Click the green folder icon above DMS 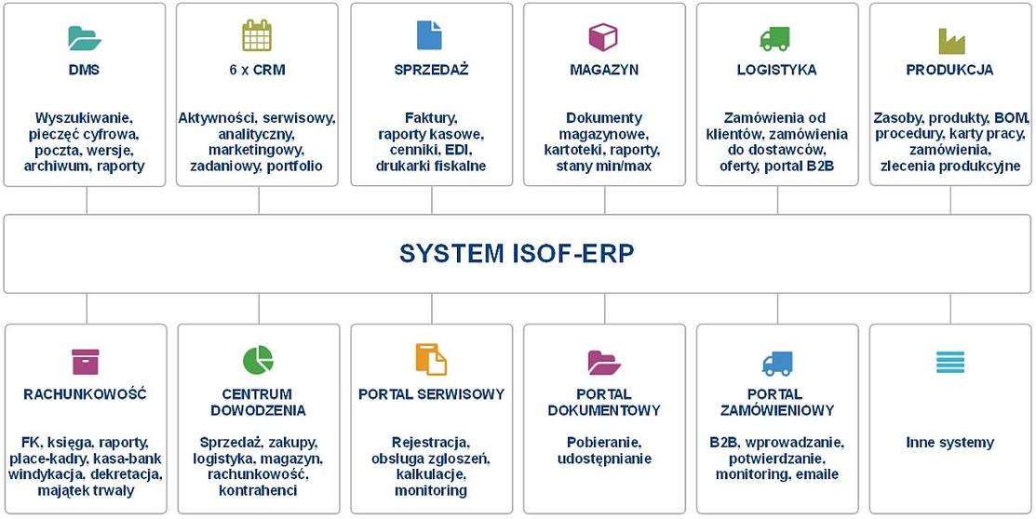tap(85, 37)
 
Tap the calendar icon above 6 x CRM tap(257, 35)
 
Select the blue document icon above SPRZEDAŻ tap(429, 35)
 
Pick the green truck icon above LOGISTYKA tap(775, 38)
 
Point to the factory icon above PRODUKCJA tap(950, 40)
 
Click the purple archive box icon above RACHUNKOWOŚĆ tap(85, 361)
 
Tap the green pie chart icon tap(258, 360)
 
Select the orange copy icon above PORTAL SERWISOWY tap(431, 360)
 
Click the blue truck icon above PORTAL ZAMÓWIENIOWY tap(776, 363)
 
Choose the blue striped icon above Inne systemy tap(950, 362)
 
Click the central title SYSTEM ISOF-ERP tap(517, 254)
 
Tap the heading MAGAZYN tap(604, 70)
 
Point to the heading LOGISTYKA tap(776, 70)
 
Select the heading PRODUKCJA tap(949, 70)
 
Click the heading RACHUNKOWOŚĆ tap(85, 394)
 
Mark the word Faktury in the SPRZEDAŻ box tap(431, 118)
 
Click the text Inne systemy tap(949, 443)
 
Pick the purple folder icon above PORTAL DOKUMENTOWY tap(604, 362)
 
